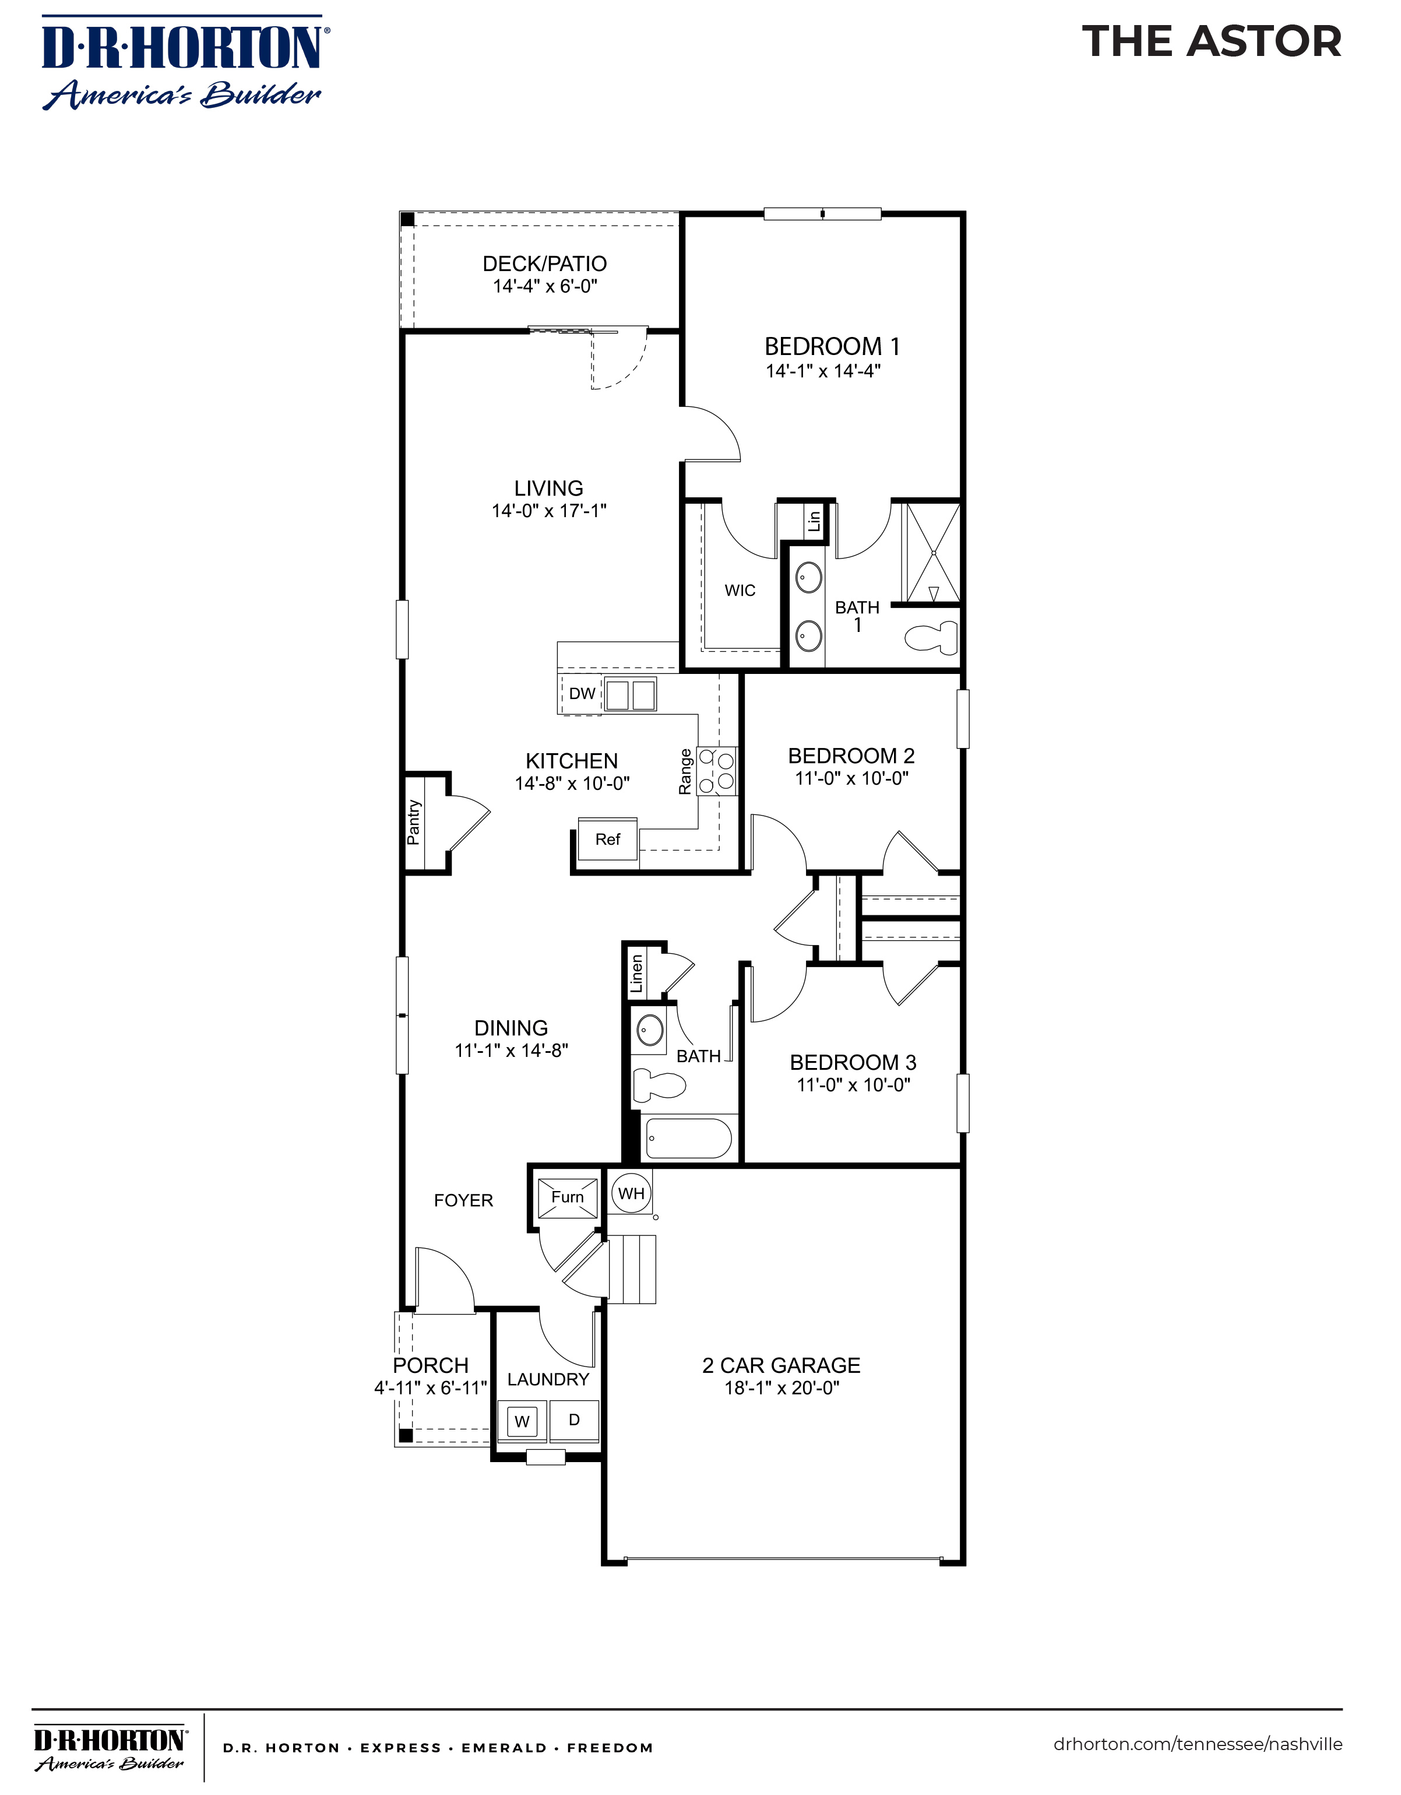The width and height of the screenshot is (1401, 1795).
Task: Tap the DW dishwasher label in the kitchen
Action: click(582, 693)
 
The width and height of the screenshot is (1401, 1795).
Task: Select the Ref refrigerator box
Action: click(607, 839)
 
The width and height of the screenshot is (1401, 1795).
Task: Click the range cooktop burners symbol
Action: click(716, 771)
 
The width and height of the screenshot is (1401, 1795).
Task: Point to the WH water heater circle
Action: click(631, 1193)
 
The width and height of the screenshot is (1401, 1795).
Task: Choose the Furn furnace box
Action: click(567, 1197)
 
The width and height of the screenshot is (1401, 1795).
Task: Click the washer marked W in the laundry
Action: click(522, 1421)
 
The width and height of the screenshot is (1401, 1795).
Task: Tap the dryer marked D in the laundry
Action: click(573, 1420)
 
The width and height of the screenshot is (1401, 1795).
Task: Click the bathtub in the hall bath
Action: click(689, 1137)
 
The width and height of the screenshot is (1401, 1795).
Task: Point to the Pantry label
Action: click(413, 822)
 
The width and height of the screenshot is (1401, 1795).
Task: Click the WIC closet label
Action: click(740, 590)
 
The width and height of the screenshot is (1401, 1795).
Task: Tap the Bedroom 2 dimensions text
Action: click(851, 778)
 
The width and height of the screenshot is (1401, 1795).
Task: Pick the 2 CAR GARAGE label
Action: click(780, 1365)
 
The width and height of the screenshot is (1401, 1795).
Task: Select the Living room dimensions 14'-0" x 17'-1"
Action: click(549, 510)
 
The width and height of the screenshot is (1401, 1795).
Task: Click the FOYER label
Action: click(463, 1200)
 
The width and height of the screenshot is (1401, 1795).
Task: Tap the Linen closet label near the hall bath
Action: click(636, 973)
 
